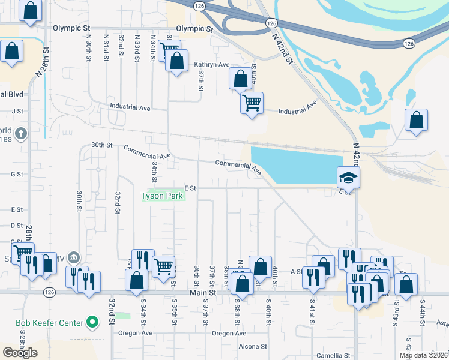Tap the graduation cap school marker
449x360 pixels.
[348, 178]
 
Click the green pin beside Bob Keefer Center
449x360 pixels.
[92, 323]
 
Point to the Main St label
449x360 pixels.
[202, 292]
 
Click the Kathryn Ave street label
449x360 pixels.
[212, 64]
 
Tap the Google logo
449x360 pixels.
[20, 353]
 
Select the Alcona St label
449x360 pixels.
[252, 346]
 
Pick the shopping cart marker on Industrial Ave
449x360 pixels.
[252, 103]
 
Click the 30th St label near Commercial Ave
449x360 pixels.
[102, 145]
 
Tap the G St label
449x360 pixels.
[17, 174]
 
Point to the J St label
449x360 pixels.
[17, 111]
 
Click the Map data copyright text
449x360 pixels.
[423, 355]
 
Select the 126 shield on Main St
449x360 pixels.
[49, 292]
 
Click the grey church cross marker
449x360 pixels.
[20, 133]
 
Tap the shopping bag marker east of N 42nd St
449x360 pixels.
[416, 120]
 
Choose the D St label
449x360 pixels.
[17, 226]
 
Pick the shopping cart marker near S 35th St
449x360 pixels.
[163, 266]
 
